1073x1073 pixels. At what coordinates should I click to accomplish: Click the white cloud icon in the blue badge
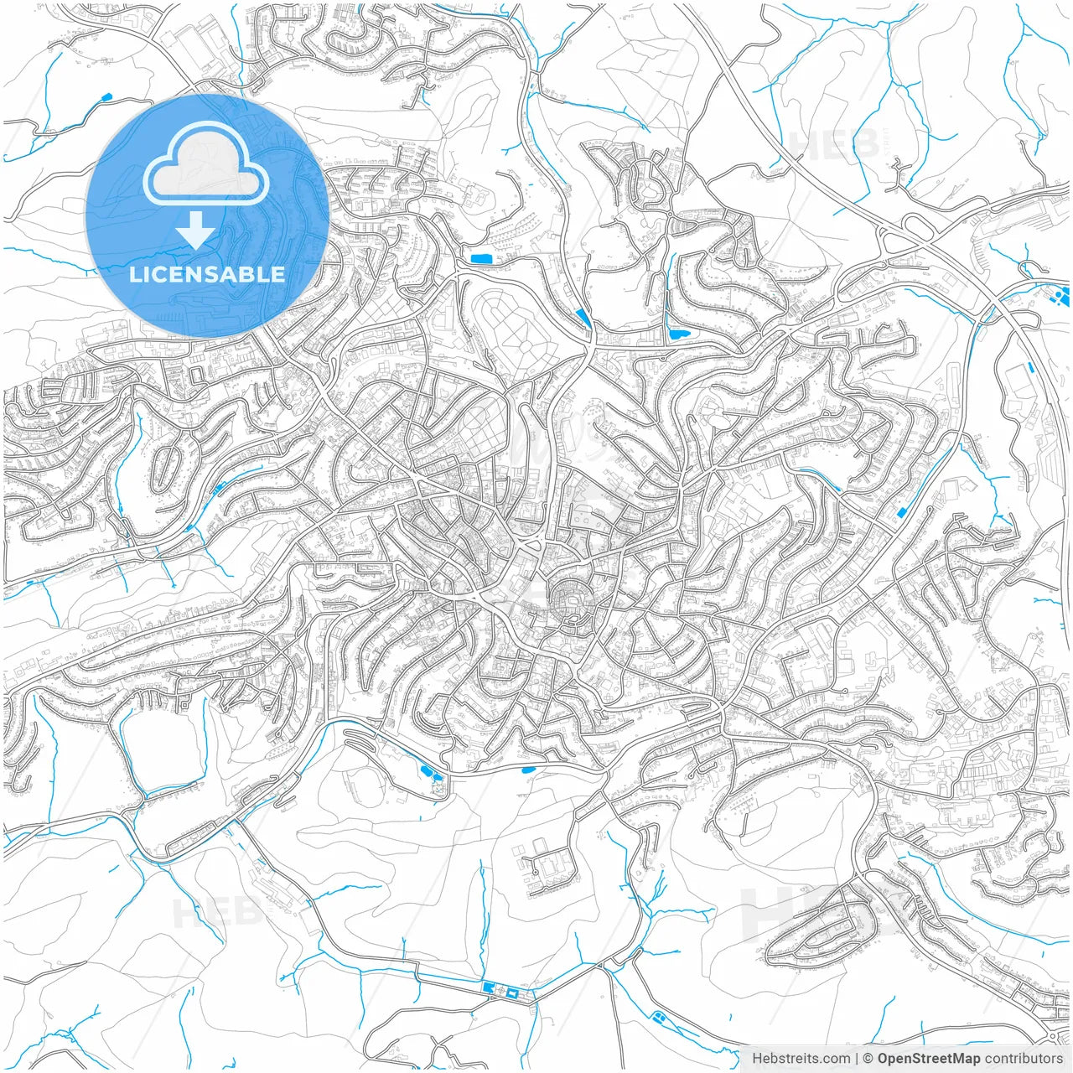pyautogui.click(x=206, y=164)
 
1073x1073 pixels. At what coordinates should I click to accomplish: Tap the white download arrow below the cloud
pyautogui.click(x=196, y=229)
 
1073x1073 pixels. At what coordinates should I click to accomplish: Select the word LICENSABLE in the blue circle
pyautogui.click(x=206, y=274)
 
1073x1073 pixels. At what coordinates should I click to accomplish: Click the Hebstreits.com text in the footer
pyautogui.click(x=801, y=1059)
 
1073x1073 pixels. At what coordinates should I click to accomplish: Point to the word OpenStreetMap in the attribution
pyautogui.click(x=928, y=1059)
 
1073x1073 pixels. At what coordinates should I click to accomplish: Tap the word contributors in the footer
pyautogui.click(x=1024, y=1059)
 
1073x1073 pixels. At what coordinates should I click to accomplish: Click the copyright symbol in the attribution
pyautogui.click(x=868, y=1059)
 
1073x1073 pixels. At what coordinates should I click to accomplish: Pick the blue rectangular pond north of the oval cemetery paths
pyautogui.click(x=480, y=258)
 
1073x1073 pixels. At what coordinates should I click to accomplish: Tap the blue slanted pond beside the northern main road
pyautogui.click(x=583, y=317)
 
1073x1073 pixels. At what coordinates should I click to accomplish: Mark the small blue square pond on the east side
pyautogui.click(x=901, y=512)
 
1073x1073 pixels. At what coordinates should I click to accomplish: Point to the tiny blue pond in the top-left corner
pyautogui.click(x=106, y=97)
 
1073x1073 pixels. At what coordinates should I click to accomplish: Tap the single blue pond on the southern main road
pyautogui.click(x=528, y=769)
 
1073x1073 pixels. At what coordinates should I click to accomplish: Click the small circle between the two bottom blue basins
pyautogui.click(x=502, y=992)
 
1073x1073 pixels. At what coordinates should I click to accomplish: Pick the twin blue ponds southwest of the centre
pyautogui.click(x=427, y=772)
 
